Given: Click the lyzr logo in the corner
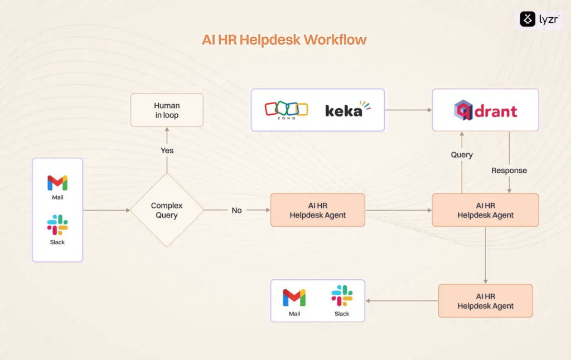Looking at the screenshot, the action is (539, 19).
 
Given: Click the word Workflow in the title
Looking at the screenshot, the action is (335, 40).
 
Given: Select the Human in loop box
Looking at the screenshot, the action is (167, 110).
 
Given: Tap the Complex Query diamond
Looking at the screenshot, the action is (167, 210).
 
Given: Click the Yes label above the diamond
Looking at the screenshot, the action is (167, 150).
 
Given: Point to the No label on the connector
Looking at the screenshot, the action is (236, 211).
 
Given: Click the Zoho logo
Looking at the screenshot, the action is (286, 110).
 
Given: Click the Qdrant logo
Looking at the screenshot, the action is (486, 110).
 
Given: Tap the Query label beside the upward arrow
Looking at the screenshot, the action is (462, 155).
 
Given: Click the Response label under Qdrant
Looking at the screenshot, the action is (509, 171).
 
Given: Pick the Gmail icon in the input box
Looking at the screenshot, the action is (57, 183).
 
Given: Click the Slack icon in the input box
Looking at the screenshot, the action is (57, 225).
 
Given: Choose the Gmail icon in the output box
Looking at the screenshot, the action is (294, 298).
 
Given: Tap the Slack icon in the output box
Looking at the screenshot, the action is (342, 295).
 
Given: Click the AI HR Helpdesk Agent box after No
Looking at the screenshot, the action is (317, 210).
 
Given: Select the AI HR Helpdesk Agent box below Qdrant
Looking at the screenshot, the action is (486, 210).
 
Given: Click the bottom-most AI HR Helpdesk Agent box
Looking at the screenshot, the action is (486, 301).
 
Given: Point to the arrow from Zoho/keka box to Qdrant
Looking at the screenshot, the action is (408, 110).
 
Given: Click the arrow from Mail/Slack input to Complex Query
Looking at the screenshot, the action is (107, 210).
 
